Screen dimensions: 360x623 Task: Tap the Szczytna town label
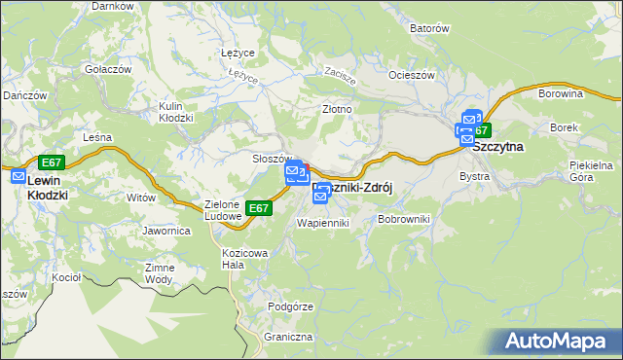(497, 146)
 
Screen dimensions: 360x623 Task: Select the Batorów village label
(429, 29)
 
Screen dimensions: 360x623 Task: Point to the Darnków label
(112, 6)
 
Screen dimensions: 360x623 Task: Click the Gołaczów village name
(108, 69)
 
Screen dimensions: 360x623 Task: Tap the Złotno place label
(337, 109)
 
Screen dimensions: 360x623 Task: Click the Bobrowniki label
(403, 221)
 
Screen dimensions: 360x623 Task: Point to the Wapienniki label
(321, 223)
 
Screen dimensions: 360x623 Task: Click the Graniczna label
(287, 338)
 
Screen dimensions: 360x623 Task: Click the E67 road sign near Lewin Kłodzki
(52, 162)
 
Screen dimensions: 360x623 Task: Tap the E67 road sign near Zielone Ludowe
(258, 208)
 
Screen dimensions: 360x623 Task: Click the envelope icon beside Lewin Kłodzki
(18, 176)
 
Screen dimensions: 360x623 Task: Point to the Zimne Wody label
(159, 273)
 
